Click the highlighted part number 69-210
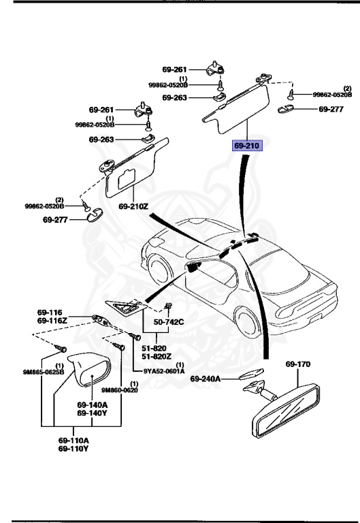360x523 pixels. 247,146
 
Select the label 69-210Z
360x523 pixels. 133,206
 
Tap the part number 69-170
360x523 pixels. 297,364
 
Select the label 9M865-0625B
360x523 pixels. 43,372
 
